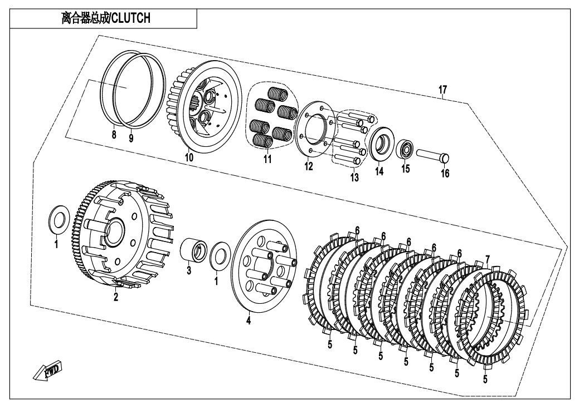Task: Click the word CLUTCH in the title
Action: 131,18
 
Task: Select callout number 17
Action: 442,90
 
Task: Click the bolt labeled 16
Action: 433,155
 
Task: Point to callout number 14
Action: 379,171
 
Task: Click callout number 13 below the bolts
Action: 354,178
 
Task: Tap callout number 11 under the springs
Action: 267,159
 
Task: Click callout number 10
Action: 189,157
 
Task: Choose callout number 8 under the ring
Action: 114,135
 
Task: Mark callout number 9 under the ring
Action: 131,139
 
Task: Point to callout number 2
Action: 115,297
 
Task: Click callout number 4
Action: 249,321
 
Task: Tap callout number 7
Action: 488,259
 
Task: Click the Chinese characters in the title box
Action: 85,18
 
